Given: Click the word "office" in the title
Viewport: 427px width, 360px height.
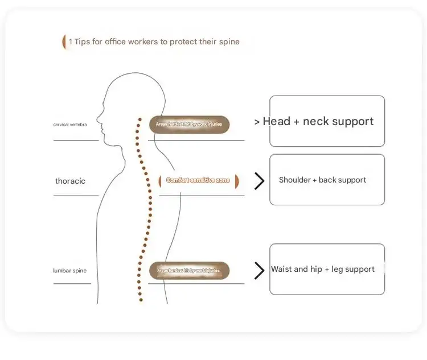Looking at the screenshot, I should pos(116,42).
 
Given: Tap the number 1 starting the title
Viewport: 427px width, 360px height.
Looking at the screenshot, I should pos(71,42).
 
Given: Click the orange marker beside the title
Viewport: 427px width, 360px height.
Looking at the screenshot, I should pos(64,42).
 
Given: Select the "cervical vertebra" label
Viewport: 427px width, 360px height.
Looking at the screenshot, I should pos(70,124).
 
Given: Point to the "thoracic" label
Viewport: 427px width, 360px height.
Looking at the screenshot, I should pos(70,181).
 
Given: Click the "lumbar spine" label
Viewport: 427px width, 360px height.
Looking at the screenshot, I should pos(70,271).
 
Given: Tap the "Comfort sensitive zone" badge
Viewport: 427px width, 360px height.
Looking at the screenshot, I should pos(198,180).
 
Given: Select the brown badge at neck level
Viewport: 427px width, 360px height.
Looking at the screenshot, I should pos(189,124).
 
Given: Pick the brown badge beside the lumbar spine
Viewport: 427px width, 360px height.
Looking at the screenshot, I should pos(189,271).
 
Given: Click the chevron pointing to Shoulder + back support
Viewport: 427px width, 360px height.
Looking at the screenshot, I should pos(259,181).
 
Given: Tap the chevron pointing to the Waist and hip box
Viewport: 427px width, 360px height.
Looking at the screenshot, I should pos(259,271).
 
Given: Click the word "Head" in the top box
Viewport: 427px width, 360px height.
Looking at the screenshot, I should pos(276,121).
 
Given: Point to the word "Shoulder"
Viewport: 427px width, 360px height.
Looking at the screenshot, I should pos(294,180).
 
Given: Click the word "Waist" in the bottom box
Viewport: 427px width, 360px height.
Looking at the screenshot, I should pos(281,269).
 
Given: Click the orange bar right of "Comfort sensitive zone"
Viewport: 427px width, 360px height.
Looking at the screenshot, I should pos(236,181).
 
